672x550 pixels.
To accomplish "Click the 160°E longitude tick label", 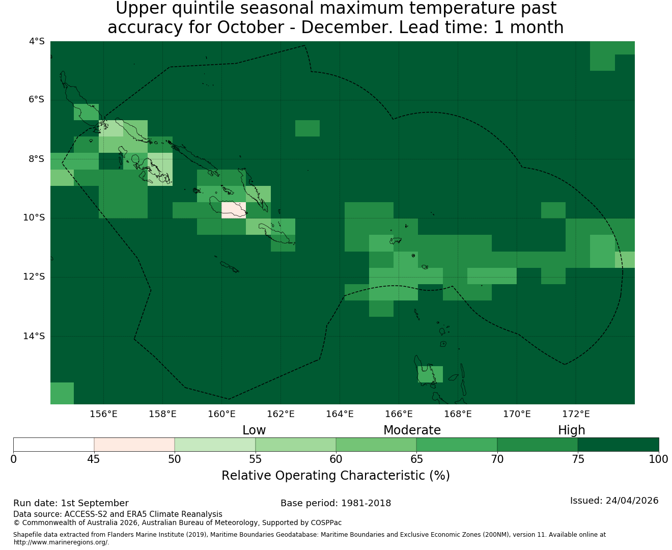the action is tap(221, 414).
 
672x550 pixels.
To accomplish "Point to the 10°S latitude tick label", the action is tap(34, 218).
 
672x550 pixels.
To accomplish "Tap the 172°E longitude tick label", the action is tap(575, 414).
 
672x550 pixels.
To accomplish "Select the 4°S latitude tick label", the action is tap(36, 41).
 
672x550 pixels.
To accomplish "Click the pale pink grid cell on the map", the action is tap(234, 210).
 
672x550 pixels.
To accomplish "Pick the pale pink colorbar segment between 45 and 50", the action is tap(134, 445).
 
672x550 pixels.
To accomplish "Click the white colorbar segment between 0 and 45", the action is tap(53, 445).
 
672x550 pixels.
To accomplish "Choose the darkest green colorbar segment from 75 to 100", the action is tap(618, 445).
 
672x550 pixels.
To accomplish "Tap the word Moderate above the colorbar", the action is tap(412, 430).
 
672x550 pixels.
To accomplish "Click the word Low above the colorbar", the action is tap(254, 430).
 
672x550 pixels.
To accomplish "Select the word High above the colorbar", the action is tap(571, 430).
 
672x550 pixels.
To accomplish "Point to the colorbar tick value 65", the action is tap(416, 459).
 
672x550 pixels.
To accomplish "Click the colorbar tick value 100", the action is tap(659, 459).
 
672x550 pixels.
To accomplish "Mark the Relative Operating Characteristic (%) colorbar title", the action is tap(335, 475).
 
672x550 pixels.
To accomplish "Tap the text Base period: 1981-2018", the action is tap(335, 503).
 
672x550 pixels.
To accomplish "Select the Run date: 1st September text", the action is tap(71, 503).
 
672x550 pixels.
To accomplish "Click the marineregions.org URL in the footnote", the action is tap(61, 542).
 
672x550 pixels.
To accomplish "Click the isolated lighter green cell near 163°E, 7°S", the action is tap(307, 128).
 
